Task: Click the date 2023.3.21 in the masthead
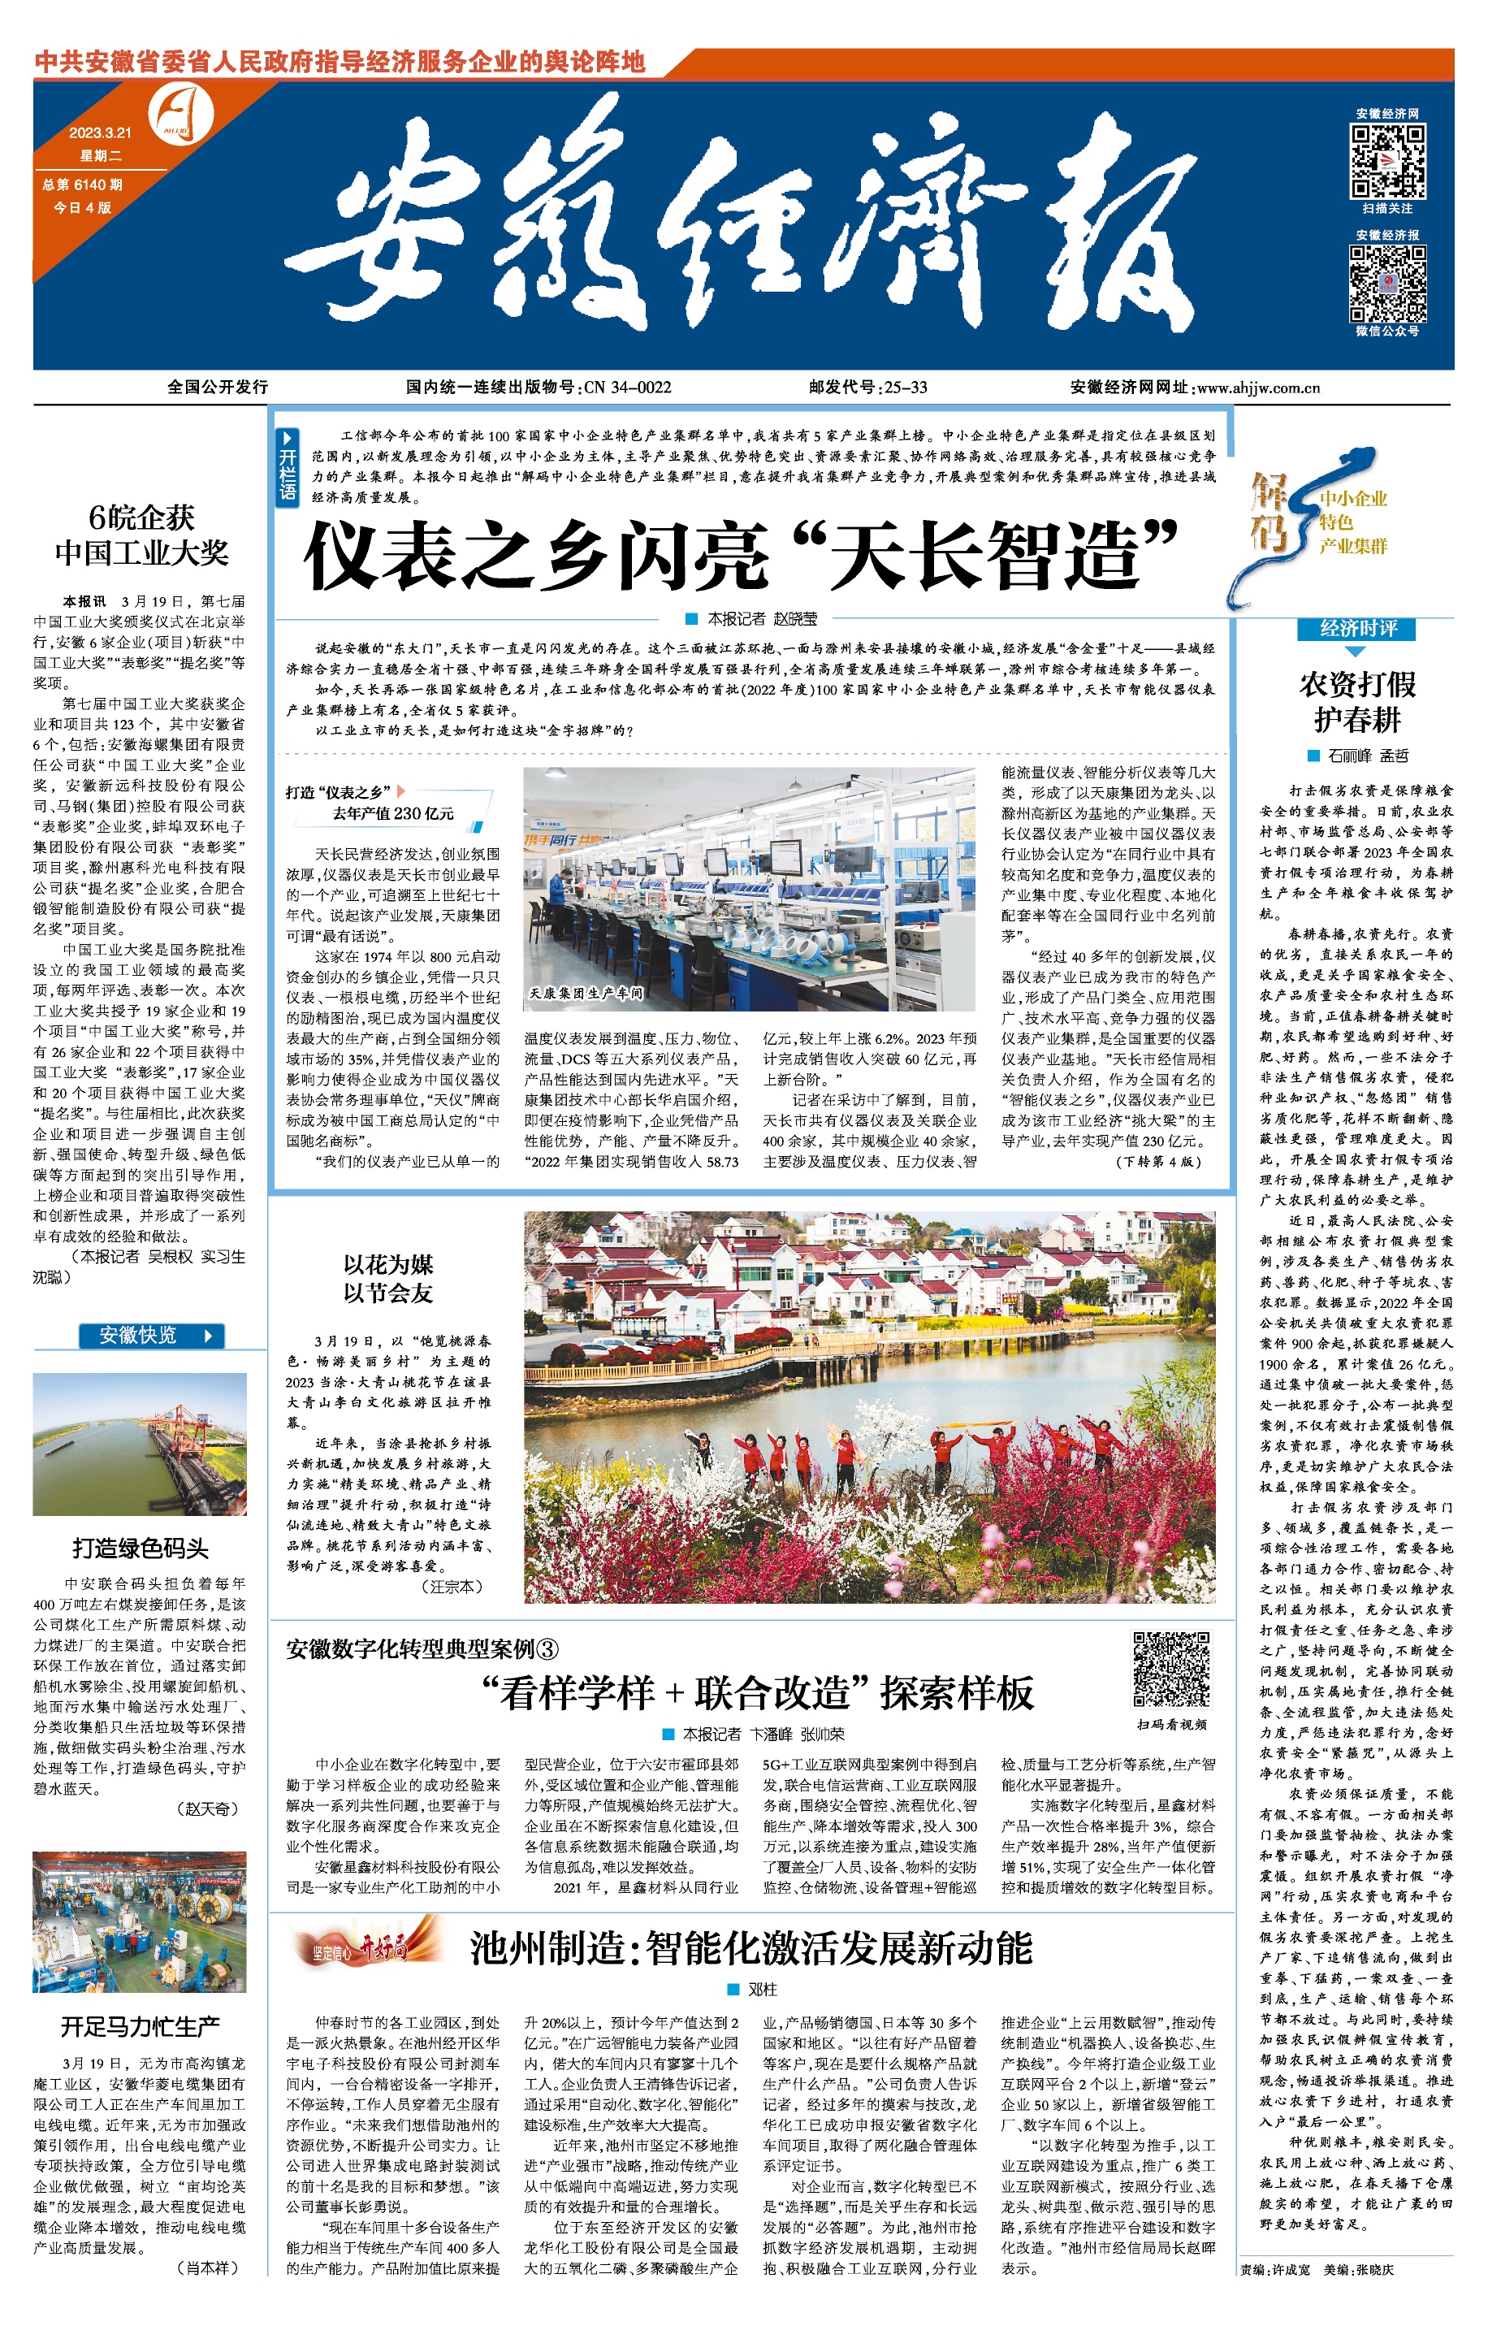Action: tap(100, 132)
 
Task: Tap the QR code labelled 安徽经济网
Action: tap(1387, 160)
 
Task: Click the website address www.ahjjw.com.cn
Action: tap(1258, 388)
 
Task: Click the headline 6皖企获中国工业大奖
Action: tap(141, 535)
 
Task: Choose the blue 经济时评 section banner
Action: tap(1357, 628)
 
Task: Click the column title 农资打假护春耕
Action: tap(1357, 702)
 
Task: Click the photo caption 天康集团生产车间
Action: tap(586, 993)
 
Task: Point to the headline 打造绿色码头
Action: tap(140, 1548)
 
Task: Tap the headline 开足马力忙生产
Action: tap(140, 2025)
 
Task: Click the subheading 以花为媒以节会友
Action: tap(387, 1279)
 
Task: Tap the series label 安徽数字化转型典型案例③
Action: tap(422, 1648)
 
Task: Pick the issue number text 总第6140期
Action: tap(81, 184)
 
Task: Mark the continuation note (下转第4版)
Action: tap(1158, 1161)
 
